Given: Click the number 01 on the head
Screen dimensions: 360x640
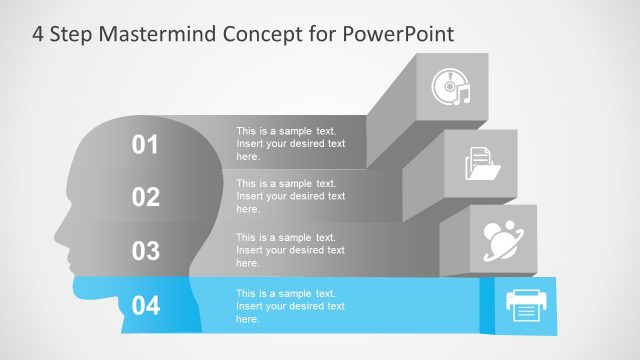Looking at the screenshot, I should (146, 145).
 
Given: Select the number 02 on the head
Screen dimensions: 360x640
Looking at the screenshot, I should (146, 197).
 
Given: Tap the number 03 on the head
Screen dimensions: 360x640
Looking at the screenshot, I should (146, 250).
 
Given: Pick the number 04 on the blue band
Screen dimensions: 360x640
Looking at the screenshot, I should (146, 305).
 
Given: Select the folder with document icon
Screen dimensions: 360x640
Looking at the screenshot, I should (482, 162).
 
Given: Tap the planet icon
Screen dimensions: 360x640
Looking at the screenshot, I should (504, 236).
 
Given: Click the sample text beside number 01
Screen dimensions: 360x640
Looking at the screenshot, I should (290, 144).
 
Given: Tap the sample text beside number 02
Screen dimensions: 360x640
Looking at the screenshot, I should (290, 196).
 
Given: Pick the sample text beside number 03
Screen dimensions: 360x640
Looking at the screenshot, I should (290, 250).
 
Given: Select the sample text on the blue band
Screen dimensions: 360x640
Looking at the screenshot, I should (290, 305).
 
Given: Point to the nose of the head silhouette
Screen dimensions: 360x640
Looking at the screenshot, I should (56, 238).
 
